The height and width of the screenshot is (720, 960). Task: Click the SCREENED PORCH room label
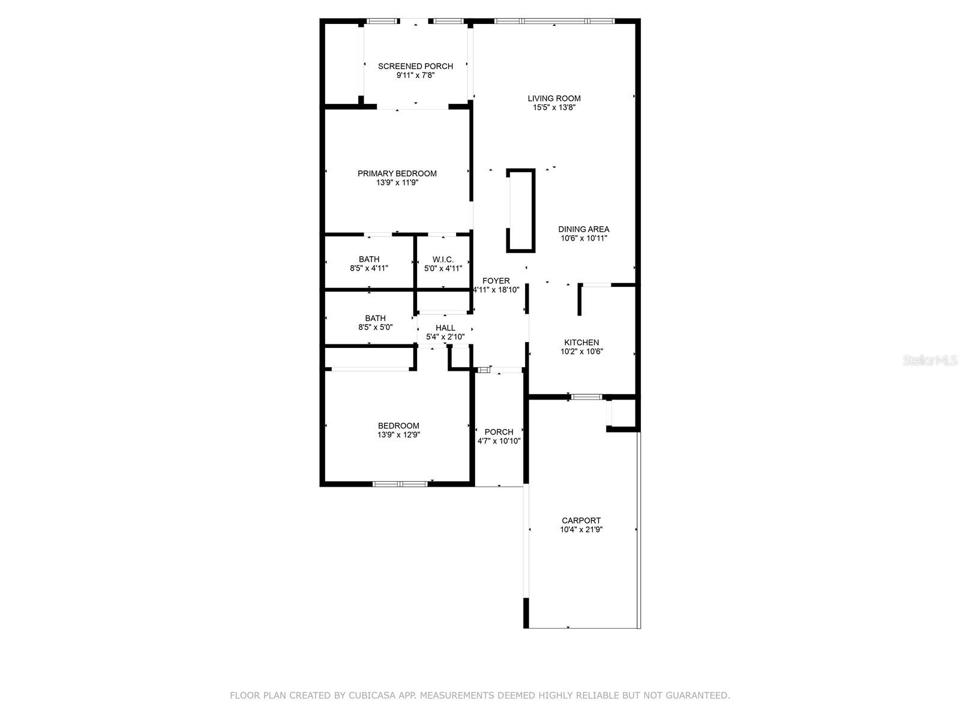point(415,66)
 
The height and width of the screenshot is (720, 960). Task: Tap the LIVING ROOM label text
point(554,98)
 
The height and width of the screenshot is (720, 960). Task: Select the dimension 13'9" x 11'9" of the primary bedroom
point(397,182)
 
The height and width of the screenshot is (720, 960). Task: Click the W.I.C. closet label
point(443,259)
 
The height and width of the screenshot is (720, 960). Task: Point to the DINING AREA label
point(583,229)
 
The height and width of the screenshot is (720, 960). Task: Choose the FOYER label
point(496,281)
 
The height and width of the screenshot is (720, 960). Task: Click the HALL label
point(445,328)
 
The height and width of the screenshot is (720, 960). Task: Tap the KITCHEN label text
point(581,343)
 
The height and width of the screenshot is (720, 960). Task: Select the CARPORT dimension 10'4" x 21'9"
point(581,530)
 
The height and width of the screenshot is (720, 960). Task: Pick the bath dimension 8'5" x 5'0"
point(375,328)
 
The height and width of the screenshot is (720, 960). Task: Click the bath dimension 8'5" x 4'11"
point(369,268)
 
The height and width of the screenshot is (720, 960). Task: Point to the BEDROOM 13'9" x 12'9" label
point(398,426)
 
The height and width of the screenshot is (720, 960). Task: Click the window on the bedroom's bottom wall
point(400,484)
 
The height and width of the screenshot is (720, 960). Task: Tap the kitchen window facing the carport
point(586,397)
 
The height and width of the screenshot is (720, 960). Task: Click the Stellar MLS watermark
point(929,361)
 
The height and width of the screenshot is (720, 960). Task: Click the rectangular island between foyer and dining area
point(520,210)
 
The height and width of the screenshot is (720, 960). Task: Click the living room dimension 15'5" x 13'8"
point(554,108)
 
